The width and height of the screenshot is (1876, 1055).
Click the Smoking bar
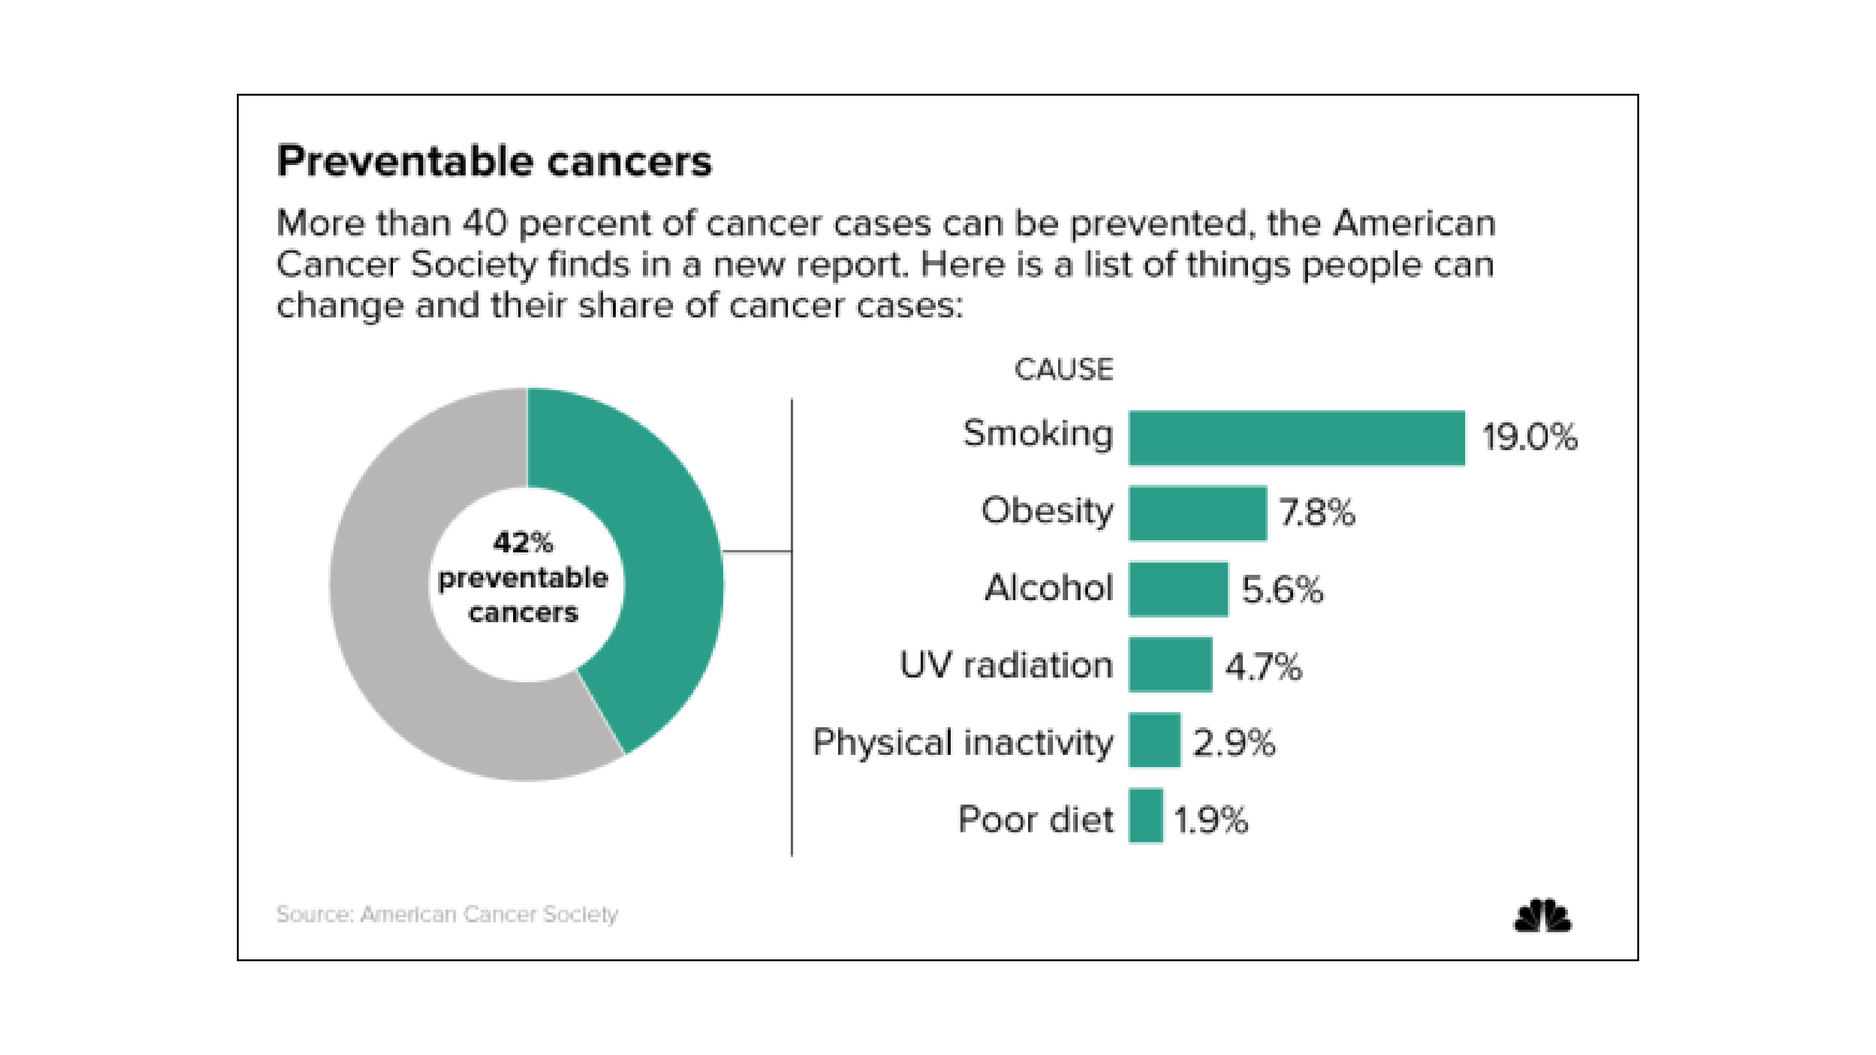1296,437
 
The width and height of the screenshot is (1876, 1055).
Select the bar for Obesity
1197,513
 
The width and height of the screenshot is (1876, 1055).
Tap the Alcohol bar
1178,589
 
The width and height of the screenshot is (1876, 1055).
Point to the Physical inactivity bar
1154,740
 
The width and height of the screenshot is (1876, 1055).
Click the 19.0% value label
1529,437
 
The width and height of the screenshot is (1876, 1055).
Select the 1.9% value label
1211,820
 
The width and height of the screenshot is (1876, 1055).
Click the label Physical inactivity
963,743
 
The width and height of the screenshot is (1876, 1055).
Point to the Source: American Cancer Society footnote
447,914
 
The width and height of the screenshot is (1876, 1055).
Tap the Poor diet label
1035,820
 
